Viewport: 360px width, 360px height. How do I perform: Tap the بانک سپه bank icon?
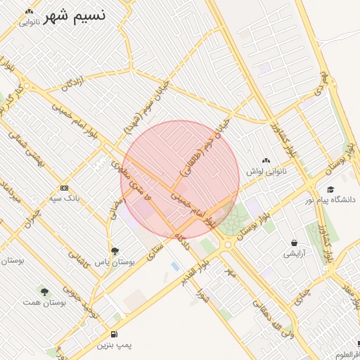coord(64,188)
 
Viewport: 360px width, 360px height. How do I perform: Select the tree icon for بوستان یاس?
coord(115,251)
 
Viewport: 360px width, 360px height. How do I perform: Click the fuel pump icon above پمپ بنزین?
coord(115,335)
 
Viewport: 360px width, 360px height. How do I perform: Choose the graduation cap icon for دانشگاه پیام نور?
coord(330,190)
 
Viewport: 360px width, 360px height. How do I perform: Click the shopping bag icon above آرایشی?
coord(292,243)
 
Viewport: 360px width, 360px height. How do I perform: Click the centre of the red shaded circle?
coord(180,180)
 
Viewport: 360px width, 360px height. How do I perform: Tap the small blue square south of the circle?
coord(174,266)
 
